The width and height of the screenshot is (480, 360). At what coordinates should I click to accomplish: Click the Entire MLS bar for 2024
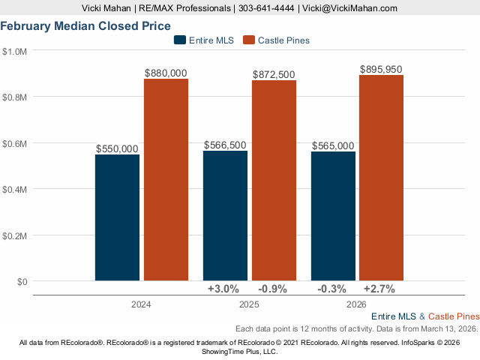coord(117,217)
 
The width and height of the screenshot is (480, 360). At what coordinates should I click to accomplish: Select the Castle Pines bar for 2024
coord(166,180)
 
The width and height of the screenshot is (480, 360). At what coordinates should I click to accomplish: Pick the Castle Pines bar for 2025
coord(274,181)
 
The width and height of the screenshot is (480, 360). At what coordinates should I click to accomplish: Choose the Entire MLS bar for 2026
coord(333,216)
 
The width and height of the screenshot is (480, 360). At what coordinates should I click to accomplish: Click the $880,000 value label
coord(166,73)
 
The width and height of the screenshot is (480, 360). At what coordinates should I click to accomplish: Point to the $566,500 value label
coord(225,145)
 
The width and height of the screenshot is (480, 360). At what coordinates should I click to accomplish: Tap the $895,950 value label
coord(381,69)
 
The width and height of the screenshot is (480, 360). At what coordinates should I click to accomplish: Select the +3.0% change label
coord(223,289)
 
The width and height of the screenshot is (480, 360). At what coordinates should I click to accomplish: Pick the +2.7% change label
coord(379,289)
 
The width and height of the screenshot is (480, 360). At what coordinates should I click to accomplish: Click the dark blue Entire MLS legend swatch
coord(178,40)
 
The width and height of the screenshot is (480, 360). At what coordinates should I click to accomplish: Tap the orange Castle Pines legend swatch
coord(249,40)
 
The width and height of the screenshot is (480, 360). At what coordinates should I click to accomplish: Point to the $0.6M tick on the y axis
coord(15,143)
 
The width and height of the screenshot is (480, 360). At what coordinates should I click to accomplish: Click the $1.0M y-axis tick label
coord(15,51)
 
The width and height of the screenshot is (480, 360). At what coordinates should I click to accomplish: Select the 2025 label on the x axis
coord(248,304)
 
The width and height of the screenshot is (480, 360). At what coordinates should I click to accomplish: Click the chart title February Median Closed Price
coord(85,25)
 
